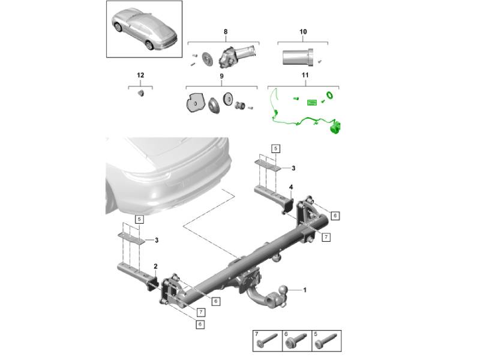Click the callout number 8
226,32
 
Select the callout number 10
303,32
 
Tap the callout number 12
140,75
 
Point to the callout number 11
305,75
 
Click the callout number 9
221,76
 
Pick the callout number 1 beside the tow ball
305,290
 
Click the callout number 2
155,266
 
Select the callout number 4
291,187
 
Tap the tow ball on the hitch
283,289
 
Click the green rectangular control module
313,102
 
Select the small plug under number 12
141,93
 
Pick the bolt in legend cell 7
267,340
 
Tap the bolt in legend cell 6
296,340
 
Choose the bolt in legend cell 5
326,340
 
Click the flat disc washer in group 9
229,99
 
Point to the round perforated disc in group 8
207,58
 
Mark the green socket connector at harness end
335,127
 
